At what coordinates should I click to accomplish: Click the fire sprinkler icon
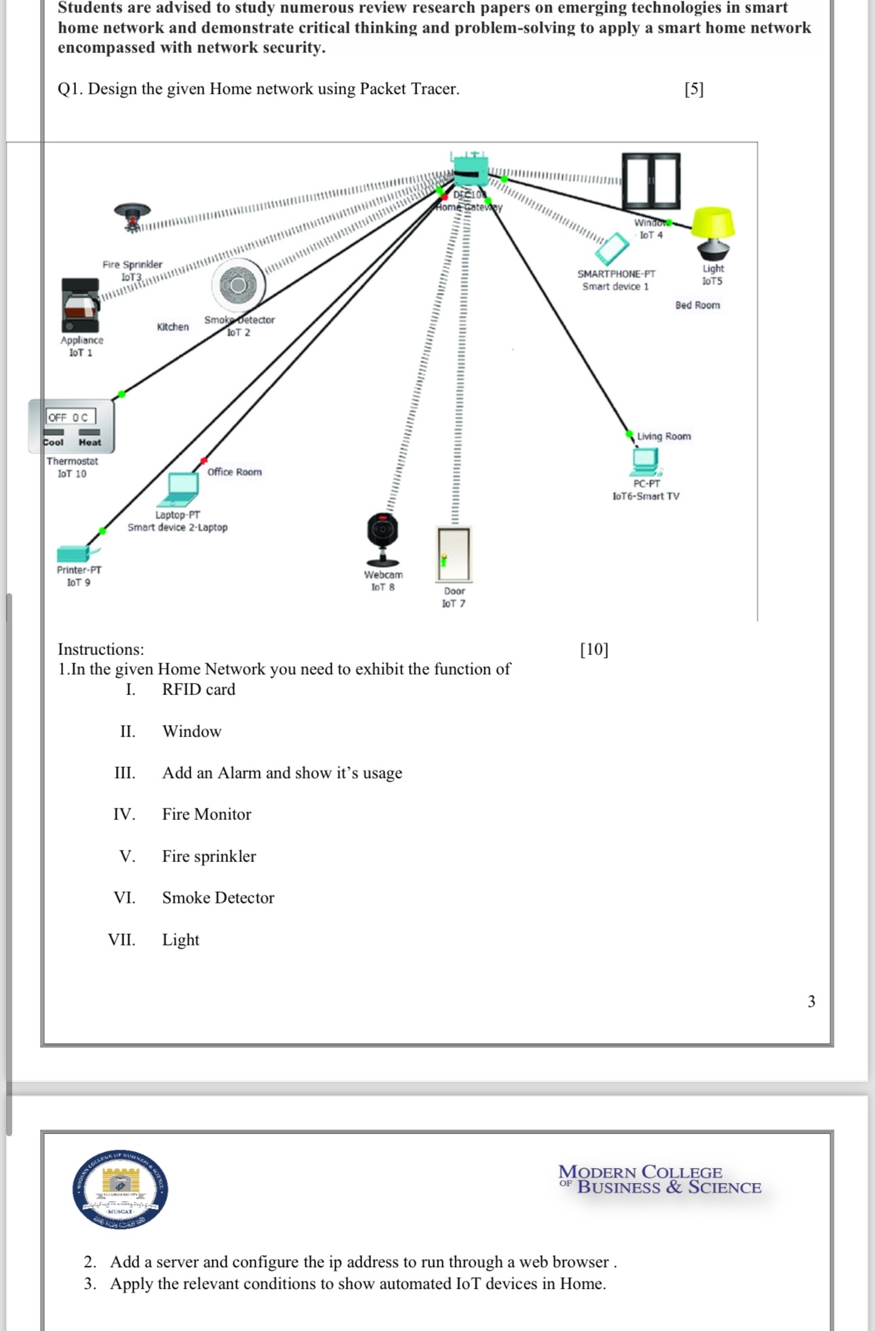click(x=132, y=217)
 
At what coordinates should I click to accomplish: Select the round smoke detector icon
click(x=237, y=285)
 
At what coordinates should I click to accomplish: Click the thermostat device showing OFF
click(x=71, y=426)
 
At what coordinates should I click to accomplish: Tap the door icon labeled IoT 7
click(x=454, y=554)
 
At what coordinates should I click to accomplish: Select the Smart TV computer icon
click(x=646, y=462)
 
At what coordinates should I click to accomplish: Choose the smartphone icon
click(x=612, y=249)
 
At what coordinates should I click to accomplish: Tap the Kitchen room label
click(x=173, y=326)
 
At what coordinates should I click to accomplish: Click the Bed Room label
click(x=697, y=305)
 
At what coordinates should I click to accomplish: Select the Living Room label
click(x=663, y=436)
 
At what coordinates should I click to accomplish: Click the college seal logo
click(x=121, y=1189)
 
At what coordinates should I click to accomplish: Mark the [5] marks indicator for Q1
click(x=694, y=89)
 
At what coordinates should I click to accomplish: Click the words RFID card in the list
click(x=199, y=690)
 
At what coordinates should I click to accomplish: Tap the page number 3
click(x=811, y=1002)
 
